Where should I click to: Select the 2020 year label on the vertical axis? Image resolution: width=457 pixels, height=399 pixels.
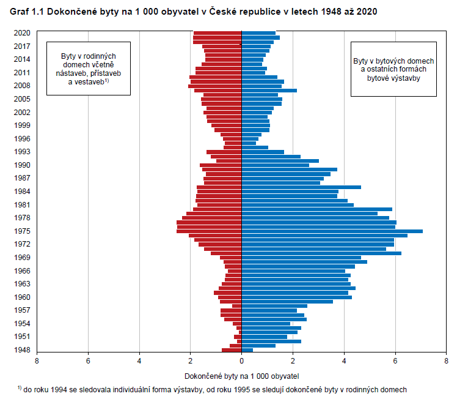click(x=22, y=33)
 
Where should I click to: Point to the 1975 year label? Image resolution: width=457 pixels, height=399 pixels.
click(x=22, y=231)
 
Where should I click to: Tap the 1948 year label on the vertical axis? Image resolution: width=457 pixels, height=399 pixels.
click(x=22, y=350)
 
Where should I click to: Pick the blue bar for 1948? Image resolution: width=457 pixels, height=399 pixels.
click(x=247, y=350)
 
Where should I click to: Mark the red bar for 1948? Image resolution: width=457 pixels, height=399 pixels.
click(x=232, y=350)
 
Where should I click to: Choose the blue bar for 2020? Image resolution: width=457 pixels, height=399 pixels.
click(x=258, y=33)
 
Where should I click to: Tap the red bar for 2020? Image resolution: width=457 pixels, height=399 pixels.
click(x=218, y=33)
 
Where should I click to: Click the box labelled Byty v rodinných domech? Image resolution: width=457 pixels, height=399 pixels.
click(x=89, y=69)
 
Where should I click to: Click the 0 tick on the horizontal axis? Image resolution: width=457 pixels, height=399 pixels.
click(x=242, y=361)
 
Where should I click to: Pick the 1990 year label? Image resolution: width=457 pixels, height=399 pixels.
click(x=22, y=165)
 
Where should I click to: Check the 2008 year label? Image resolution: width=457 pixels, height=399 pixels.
click(x=22, y=86)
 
